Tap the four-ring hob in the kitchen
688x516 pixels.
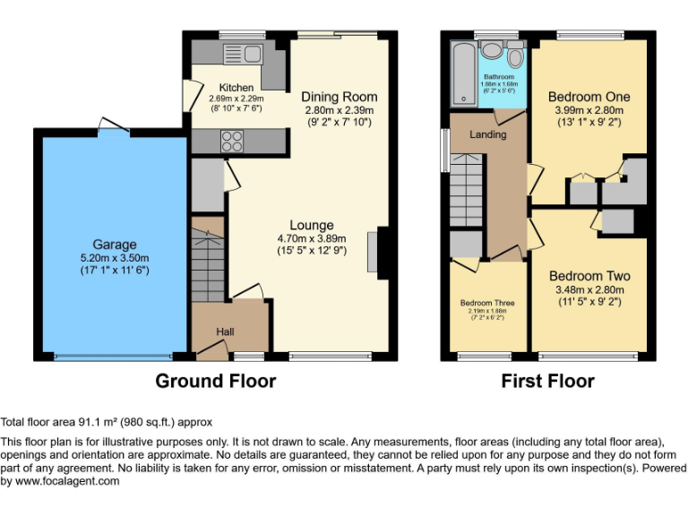[x=231, y=141]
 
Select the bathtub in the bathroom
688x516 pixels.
[x=462, y=73]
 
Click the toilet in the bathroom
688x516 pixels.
[x=514, y=57]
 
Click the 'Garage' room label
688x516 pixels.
[x=115, y=245]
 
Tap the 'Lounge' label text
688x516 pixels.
[x=311, y=225]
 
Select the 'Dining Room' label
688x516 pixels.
[x=339, y=97]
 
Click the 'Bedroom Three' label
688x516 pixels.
[x=489, y=303]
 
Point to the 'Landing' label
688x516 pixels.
[x=487, y=134]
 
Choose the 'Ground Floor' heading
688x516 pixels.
[x=215, y=382]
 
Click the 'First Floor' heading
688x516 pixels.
[x=547, y=382]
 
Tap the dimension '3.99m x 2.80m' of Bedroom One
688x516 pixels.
[x=589, y=111]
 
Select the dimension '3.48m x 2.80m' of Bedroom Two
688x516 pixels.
[x=589, y=290]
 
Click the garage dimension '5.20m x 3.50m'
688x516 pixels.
[x=115, y=258]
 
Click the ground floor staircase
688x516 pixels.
[x=209, y=264]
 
